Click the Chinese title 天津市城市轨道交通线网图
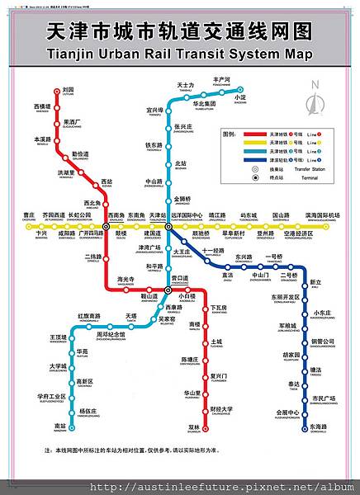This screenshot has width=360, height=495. click(179, 31)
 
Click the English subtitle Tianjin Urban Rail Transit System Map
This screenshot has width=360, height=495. click(179, 54)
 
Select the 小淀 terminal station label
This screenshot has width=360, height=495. click(240, 97)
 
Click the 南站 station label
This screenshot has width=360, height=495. click(59, 427)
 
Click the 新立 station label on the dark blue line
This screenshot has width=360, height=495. click(315, 284)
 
